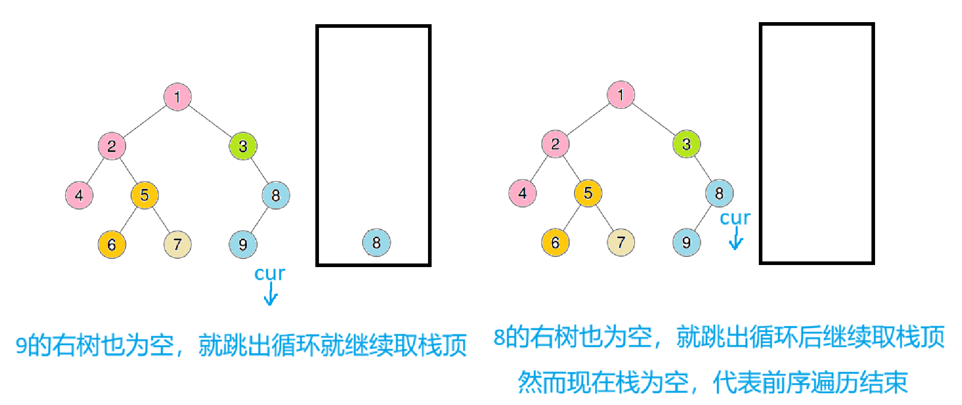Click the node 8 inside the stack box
tap(376, 242)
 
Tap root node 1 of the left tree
tap(177, 97)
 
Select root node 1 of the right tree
tap(621, 95)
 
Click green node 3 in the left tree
tap(243, 146)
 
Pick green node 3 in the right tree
tap(686, 144)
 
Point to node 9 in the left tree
tap(243, 244)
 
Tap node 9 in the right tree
tap(686, 242)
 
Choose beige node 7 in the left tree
tap(177, 244)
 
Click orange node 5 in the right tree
tap(588, 193)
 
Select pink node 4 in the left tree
tap(79, 196)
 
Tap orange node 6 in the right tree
tap(555, 242)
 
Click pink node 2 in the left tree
tap(112, 146)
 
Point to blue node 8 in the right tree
tap(719, 193)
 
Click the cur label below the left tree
tap(270, 274)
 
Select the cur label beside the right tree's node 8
tap(735, 218)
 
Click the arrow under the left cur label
tap(271, 295)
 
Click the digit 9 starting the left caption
tap(21, 345)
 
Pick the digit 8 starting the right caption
tap(499, 338)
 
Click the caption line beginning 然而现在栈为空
tap(712, 382)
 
